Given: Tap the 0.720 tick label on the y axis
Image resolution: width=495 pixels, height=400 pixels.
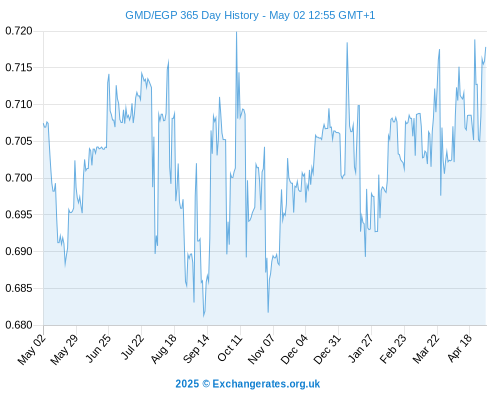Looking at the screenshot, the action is [x=19, y=31].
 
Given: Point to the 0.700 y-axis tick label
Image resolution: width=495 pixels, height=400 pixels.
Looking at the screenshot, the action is [x=19, y=178].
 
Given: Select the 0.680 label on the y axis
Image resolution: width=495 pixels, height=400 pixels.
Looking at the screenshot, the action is [x=19, y=325].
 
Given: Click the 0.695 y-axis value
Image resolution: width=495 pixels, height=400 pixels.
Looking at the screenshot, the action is [x=19, y=215].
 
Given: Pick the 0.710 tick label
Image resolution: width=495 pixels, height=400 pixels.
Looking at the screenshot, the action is [x=19, y=105].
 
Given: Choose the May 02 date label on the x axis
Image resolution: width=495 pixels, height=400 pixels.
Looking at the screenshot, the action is [x=32, y=349].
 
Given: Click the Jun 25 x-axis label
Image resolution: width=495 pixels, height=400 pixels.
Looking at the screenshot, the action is [x=98, y=348].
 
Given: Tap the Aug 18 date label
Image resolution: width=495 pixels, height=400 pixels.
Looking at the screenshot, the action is [x=163, y=349].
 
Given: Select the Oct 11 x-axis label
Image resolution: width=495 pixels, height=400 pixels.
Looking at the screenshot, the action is [x=230, y=348].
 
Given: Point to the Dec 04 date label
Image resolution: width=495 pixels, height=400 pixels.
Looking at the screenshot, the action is [x=294, y=349].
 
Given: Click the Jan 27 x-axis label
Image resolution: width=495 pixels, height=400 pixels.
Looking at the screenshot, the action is [x=360, y=348].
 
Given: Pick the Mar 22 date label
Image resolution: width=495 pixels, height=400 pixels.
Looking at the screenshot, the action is [x=426, y=349].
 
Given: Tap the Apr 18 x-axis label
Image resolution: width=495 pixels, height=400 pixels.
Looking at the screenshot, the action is [x=460, y=348].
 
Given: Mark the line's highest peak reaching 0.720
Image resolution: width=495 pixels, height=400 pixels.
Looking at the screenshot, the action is [x=237, y=32].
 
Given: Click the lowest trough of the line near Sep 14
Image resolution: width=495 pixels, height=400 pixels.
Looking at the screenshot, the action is [x=204, y=316].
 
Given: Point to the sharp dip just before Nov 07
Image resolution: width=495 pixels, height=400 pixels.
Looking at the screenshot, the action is [x=268, y=312].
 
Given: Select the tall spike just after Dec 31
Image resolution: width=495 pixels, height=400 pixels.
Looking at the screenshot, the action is [x=347, y=43].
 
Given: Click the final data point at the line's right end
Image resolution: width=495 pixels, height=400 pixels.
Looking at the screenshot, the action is [x=486, y=47].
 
